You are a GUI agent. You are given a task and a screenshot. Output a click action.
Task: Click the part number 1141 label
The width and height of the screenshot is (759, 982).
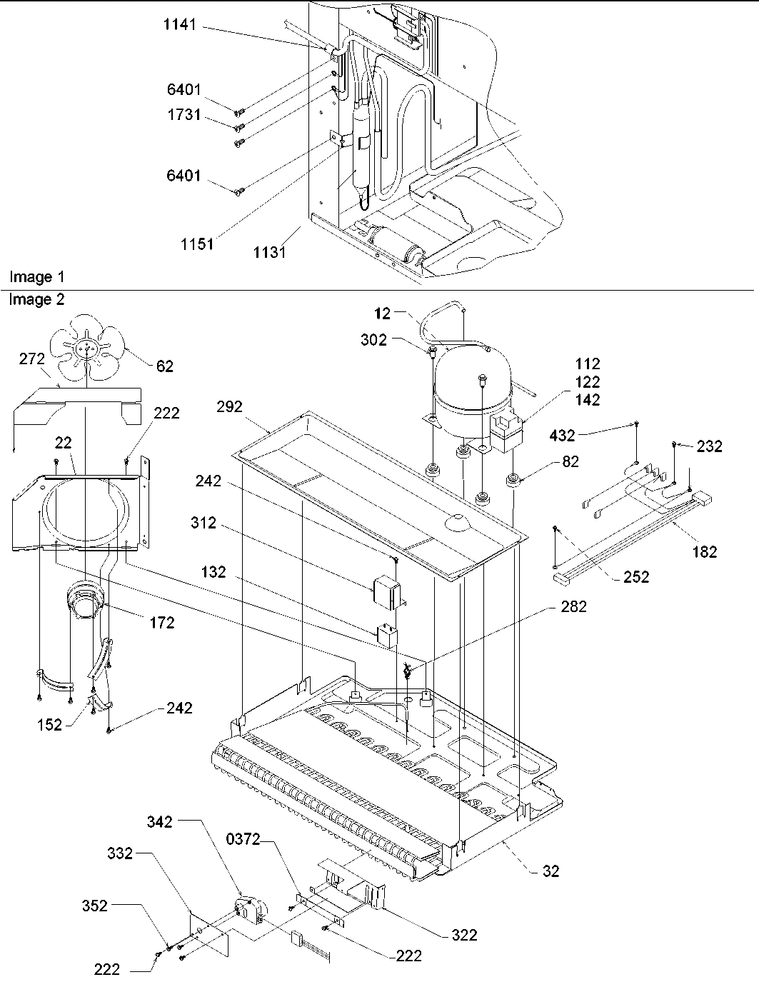[x=179, y=26]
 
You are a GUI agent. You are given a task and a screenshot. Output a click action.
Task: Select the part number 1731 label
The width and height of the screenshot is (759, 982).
[x=184, y=116]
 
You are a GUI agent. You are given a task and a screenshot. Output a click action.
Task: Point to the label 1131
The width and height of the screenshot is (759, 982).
[x=269, y=252]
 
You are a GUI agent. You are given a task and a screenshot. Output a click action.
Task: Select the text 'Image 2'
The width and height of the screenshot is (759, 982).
[x=36, y=300]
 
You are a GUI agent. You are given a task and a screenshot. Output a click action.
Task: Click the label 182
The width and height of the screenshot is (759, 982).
[x=705, y=551]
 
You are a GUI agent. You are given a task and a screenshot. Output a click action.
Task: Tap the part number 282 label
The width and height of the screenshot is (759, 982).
[x=573, y=607]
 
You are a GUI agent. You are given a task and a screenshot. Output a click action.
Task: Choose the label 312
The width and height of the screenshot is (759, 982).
[x=203, y=523]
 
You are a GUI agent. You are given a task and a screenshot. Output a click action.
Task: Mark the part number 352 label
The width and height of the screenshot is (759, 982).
[x=94, y=906]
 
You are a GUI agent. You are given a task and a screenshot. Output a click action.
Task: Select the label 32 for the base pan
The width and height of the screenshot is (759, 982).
[x=551, y=871]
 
